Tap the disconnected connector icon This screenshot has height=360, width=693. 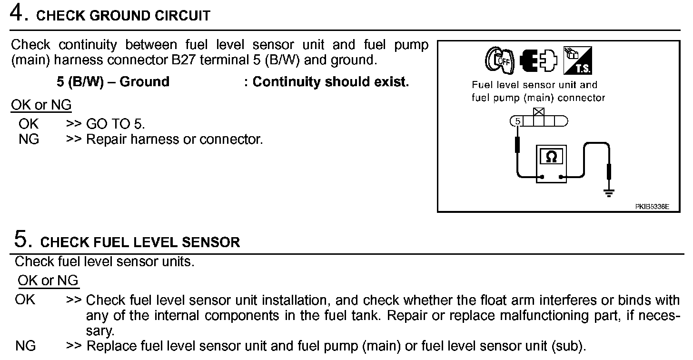coord(537,61)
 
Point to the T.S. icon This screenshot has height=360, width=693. coord(577,61)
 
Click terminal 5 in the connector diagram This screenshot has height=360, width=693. coord(518,121)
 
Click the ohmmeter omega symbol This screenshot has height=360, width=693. coord(551,157)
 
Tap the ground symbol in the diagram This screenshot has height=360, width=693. coord(609,193)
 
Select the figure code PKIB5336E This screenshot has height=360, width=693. coord(652,207)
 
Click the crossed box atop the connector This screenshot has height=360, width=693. coord(539,112)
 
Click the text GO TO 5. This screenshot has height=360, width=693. coord(116,124)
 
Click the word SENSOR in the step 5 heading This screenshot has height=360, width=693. coord(214,242)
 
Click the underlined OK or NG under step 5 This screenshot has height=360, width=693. coord(48,280)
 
